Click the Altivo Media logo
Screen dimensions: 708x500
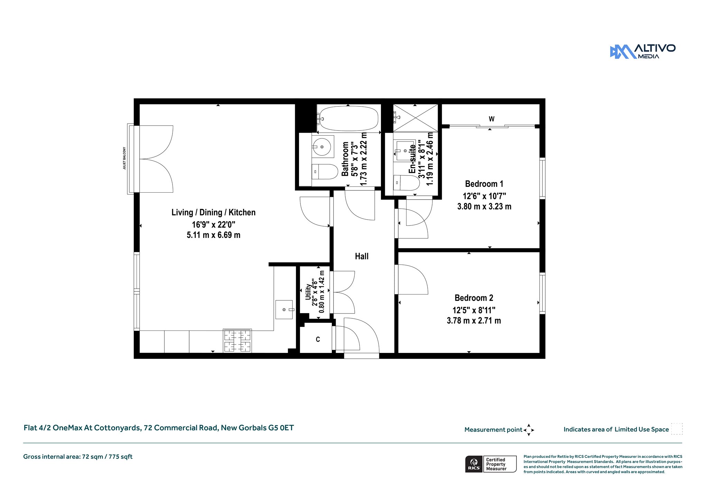(x=643, y=51)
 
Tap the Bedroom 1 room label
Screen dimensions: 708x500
(x=484, y=184)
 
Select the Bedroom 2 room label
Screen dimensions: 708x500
(x=474, y=298)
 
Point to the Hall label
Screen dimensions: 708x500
(x=362, y=256)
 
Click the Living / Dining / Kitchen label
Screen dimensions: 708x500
(x=214, y=212)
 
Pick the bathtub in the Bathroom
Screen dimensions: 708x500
(x=348, y=118)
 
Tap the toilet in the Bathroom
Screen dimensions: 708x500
(x=325, y=172)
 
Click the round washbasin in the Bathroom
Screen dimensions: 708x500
(x=323, y=147)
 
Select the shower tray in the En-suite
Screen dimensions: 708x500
(x=416, y=118)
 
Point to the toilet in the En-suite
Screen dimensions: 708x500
(x=407, y=183)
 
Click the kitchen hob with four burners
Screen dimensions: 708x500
(x=237, y=341)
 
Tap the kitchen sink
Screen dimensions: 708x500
(x=285, y=310)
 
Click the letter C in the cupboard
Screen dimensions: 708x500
(x=318, y=339)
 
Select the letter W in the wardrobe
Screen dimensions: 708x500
(x=492, y=119)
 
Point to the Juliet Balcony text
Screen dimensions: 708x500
(x=124, y=158)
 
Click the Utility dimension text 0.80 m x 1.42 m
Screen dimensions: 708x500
(x=322, y=292)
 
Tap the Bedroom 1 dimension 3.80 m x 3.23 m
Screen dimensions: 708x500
(x=484, y=206)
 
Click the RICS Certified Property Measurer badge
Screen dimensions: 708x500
(x=491, y=464)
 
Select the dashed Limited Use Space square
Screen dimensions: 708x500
(x=677, y=429)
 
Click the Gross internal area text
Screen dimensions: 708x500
(x=78, y=456)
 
